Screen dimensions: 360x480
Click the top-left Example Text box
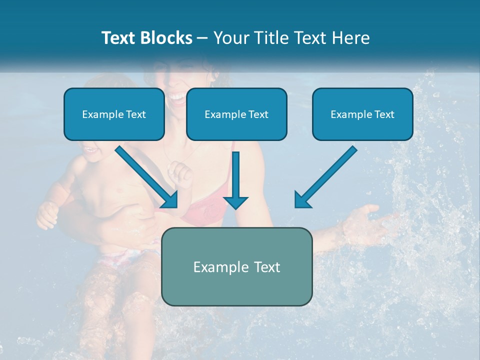click(114, 114)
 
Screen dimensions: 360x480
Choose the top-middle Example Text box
click(236, 114)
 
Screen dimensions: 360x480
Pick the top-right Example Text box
click(362, 114)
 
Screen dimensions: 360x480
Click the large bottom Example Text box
click(236, 266)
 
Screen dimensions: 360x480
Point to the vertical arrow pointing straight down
click(235, 180)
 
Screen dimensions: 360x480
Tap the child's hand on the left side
click(47, 214)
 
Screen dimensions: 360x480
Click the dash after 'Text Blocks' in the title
click(203, 38)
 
